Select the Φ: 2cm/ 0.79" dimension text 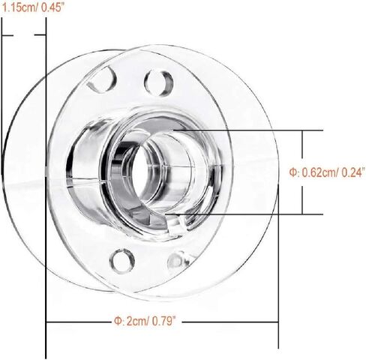click(148, 321)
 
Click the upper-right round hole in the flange click(159, 83)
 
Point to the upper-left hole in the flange click(103, 79)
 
